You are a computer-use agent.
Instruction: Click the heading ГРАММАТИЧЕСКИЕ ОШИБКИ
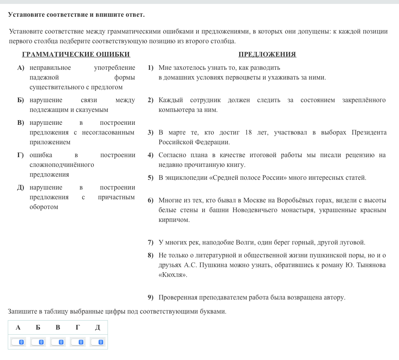76,54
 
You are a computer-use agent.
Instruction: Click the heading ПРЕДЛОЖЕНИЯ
267,54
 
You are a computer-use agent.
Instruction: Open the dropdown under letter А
18,342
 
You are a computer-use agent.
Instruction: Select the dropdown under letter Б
38,342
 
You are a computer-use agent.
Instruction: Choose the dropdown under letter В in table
58,342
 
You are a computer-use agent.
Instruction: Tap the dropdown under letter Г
78,342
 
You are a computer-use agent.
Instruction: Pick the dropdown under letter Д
97,342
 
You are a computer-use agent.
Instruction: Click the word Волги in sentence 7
246,242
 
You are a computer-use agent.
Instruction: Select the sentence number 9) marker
150,298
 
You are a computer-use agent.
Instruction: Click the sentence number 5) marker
150,178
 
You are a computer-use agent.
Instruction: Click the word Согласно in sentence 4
170,155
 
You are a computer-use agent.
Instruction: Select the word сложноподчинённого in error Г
62,165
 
